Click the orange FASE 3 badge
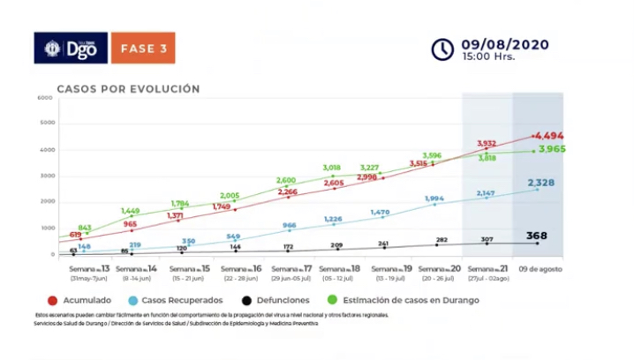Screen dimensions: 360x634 coord(143,48)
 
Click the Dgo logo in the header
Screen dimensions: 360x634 coord(71,48)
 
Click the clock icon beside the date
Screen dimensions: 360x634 coord(442,49)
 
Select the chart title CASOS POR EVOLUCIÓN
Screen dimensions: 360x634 coord(128,89)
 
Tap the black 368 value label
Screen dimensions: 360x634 coord(539,236)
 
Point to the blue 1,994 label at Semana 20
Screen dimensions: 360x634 coord(434,199)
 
